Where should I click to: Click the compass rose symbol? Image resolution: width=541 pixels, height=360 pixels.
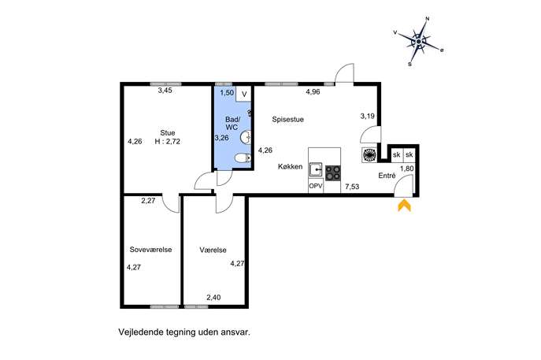(418, 42)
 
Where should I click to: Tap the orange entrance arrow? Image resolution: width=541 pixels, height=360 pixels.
(404, 205)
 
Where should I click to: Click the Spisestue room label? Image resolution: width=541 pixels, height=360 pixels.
(287, 120)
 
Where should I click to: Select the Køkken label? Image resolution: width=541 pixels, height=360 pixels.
(290, 167)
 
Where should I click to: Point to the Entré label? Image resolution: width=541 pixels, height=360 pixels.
(387, 176)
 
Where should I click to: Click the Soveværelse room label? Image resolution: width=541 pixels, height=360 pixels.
(150, 250)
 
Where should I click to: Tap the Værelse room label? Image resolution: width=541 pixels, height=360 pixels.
(213, 250)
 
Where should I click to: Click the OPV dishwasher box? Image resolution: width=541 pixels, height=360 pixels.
(316, 186)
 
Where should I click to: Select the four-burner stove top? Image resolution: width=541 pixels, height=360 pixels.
(333, 173)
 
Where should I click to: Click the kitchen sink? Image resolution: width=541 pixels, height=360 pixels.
(316, 169)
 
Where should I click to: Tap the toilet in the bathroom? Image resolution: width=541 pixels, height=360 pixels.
(243, 158)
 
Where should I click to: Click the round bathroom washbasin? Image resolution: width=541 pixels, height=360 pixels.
(246, 137)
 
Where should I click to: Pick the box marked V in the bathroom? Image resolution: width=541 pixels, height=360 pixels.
(244, 94)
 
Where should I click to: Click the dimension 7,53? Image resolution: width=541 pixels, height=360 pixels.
(352, 187)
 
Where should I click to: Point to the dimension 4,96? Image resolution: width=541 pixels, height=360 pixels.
(313, 92)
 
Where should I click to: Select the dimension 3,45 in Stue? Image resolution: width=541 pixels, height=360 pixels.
(165, 91)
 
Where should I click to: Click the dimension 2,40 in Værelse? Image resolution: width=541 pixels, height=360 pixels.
(213, 297)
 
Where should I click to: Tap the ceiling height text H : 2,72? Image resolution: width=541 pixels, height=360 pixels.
(167, 141)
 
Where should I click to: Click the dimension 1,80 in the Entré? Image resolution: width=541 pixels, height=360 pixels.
(407, 169)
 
